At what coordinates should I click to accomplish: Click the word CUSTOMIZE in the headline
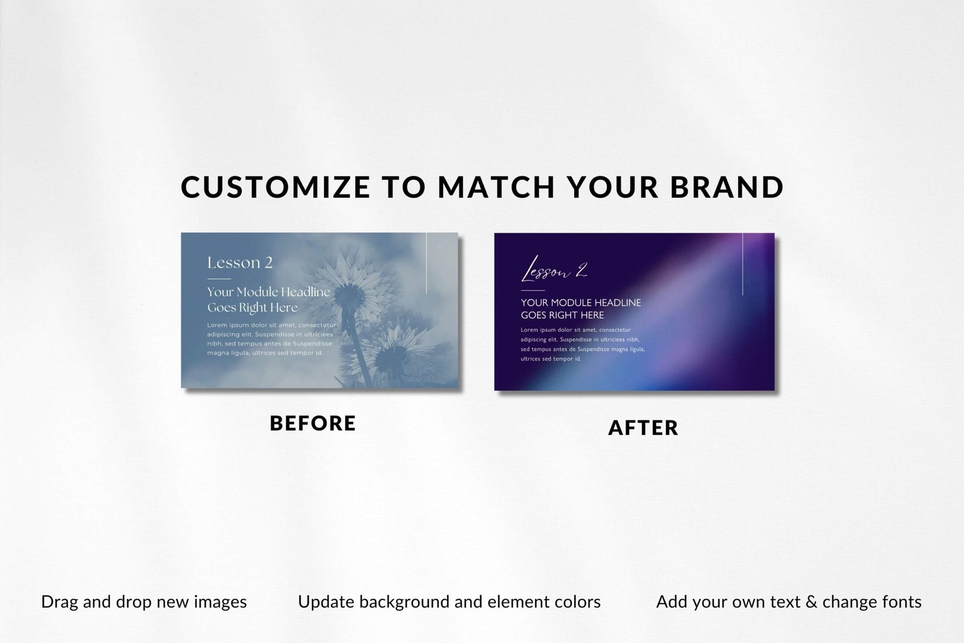pyautogui.click(x=275, y=187)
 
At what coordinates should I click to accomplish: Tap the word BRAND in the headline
pyautogui.click(x=727, y=187)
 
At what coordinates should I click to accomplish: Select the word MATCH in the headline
pyautogui.click(x=496, y=187)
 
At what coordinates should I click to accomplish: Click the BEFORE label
pyautogui.click(x=313, y=423)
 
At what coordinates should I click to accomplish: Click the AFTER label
pyautogui.click(x=643, y=428)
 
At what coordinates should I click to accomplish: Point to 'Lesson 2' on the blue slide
pyautogui.click(x=240, y=263)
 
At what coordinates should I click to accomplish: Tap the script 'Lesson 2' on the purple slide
pyautogui.click(x=554, y=269)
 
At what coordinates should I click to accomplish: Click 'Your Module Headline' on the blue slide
pyautogui.click(x=269, y=292)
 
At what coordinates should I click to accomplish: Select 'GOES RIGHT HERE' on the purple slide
pyautogui.click(x=562, y=315)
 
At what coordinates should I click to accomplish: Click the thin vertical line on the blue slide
pyautogui.click(x=427, y=263)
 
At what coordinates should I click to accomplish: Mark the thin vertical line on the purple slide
pyautogui.click(x=742, y=265)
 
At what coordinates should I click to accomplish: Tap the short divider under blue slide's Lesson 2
pyautogui.click(x=219, y=279)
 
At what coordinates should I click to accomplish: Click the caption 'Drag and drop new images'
pyautogui.click(x=144, y=602)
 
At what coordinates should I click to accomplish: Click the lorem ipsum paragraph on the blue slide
pyautogui.click(x=272, y=339)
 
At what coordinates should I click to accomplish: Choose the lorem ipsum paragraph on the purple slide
pyautogui.click(x=583, y=344)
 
